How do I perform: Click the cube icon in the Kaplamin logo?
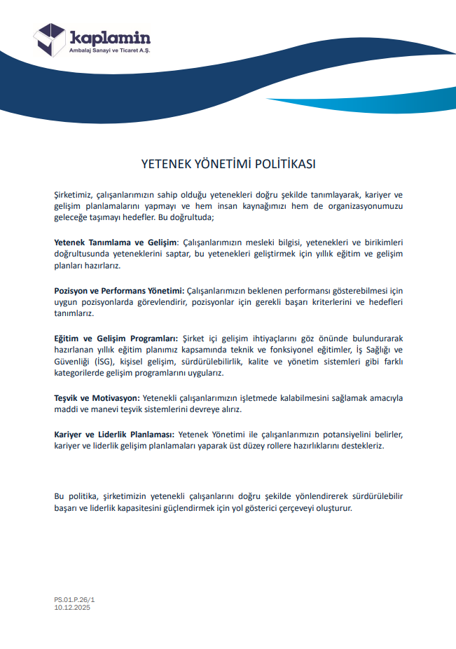coord(50,39)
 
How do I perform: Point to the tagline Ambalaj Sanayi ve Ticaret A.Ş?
coord(109,50)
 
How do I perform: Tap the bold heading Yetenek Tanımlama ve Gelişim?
coord(115,242)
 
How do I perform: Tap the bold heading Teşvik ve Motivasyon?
coord(97,397)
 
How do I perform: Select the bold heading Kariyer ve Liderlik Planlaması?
coord(115,434)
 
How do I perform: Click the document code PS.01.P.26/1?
coord(74,600)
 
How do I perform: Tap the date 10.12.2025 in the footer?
coord(72,607)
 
